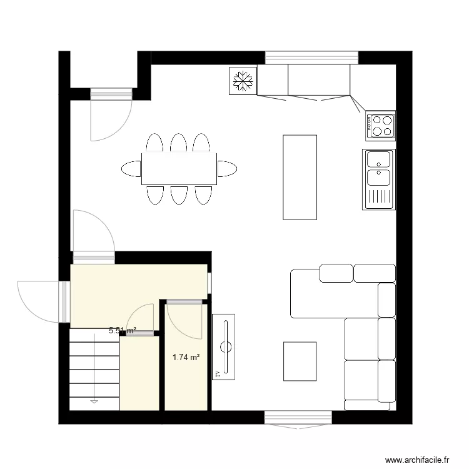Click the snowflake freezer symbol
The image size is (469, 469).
coord(243,81)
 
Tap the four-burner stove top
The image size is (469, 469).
coord(381,125)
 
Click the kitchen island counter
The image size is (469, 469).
coord(300,176)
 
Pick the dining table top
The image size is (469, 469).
coord(179,168)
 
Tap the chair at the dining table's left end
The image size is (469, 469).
coord(131,168)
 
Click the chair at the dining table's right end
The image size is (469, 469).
coord(227,168)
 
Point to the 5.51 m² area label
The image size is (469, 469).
coord(122,331)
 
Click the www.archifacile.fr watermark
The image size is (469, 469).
coord(418,459)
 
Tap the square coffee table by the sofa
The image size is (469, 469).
coord(300,361)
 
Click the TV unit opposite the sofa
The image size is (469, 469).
coord(223,346)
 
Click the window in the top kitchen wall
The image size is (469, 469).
coord(312,58)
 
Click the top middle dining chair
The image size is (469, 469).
coord(179,143)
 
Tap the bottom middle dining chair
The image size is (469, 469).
coord(179,194)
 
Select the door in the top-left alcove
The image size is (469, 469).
coord(110,118)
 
